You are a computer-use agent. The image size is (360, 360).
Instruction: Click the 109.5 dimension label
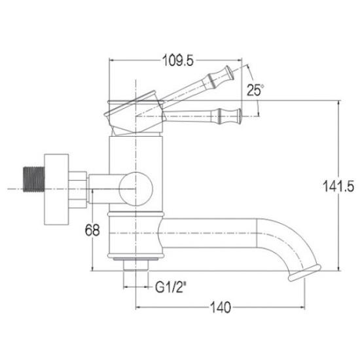click(x=178, y=61)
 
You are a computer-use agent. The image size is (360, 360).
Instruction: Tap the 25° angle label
click(x=255, y=90)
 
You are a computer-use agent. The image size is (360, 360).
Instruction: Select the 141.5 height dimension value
click(x=338, y=186)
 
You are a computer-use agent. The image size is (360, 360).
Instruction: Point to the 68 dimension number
click(x=92, y=230)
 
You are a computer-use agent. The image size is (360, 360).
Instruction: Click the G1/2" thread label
click(x=170, y=287)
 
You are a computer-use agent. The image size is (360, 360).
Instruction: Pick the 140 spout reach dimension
click(x=221, y=307)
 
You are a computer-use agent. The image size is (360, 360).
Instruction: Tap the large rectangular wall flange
click(x=56, y=189)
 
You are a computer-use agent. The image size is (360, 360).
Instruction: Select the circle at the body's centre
click(x=136, y=189)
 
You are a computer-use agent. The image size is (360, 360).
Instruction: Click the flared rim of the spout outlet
click(x=304, y=273)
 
